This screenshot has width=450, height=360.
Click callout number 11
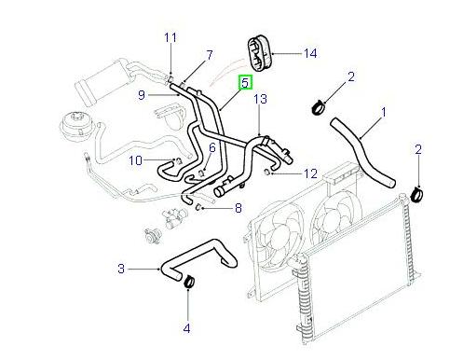pyautogui.click(x=170, y=37)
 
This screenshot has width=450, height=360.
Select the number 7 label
pyautogui.click(x=209, y=55)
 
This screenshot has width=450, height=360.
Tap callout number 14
pyautogui.click(x=310, y=54)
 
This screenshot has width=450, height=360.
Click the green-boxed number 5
pyautogui.click(x=245, y=83)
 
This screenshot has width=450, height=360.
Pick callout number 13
pyautogui.click(x=261, y=98)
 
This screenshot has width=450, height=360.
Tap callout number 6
pyautogui.click(x=212, y=147)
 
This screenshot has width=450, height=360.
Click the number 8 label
pyautogui.click(x=239, y=208)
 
